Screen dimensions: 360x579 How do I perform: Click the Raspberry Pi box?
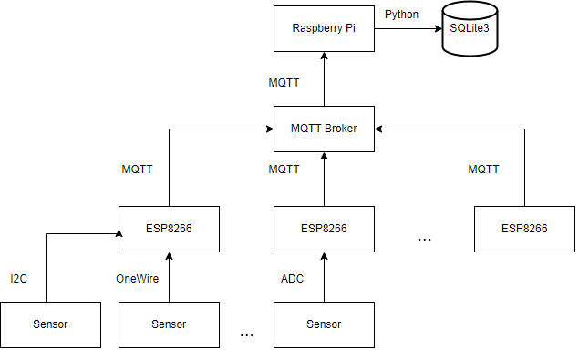tap(325, 28)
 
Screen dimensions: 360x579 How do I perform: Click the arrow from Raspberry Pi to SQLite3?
tap(407, 28)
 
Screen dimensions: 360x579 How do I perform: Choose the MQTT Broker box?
tap(325, 129)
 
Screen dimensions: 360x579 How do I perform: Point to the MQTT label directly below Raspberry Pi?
tap(284, 83)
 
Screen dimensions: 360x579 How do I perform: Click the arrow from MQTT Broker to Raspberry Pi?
tap(325, 78)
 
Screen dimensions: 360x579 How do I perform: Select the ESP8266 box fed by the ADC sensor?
tap(325, 228)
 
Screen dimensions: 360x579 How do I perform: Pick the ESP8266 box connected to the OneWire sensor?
tap(169, 228)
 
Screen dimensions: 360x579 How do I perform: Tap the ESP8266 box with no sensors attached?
tap(524, 228)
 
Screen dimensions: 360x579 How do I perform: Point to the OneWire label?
tap(137, 278)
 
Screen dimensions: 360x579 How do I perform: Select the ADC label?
tap(292, 278)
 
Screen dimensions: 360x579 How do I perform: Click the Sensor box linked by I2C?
tap(50, 324)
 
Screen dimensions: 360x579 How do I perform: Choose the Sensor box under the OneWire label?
tap(169, 324)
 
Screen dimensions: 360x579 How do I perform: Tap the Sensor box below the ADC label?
tap(325, 324)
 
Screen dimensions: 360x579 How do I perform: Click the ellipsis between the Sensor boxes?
tap(246, 335)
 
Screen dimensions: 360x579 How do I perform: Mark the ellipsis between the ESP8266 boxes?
tap(424, 239)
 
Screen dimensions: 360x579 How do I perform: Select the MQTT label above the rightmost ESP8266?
tap(483, 170)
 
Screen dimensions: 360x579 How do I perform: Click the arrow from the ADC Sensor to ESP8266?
tap(325, 276)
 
